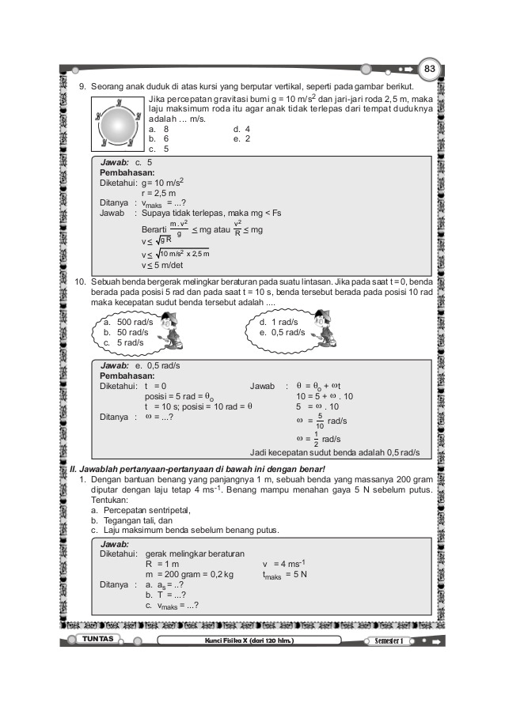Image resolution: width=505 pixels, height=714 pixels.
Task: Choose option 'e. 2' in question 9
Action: click(242, 138)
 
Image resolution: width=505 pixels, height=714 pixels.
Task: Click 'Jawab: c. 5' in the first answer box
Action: click(126, 161)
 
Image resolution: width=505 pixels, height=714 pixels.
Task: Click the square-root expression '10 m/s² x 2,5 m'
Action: click(184, 253)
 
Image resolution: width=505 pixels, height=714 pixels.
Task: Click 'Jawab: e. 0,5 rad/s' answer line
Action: click(140, 366)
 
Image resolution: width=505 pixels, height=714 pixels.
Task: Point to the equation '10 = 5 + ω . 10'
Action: click(325, 396)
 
